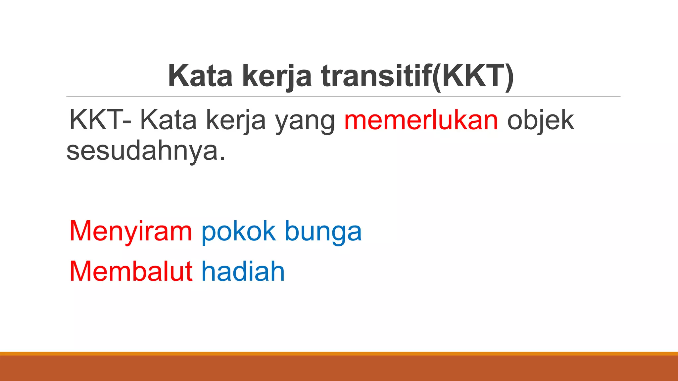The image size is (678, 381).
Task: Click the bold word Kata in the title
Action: click(x=200, y=76)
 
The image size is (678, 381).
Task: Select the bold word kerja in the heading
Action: click(x=277, y=76)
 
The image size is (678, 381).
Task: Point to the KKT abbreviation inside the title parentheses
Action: click(x=473, y=76)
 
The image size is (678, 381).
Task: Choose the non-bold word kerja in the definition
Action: click(x=236, y=120)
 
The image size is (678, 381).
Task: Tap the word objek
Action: click(x=540, y=120)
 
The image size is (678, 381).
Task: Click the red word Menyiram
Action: click(x=130, y=232)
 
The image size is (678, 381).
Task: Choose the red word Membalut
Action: click(x=131, y=271)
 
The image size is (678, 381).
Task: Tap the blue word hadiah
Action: click(x=243, y=271)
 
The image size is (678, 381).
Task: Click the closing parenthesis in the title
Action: click(x=510, y=76)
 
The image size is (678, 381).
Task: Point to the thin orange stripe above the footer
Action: click(x=339, y=354)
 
